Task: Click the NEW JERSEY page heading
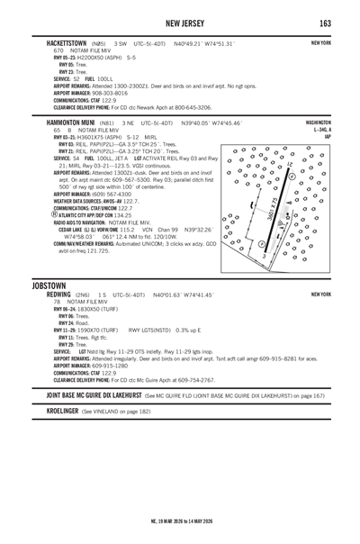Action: pyautogui.click(x=179, y=22)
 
